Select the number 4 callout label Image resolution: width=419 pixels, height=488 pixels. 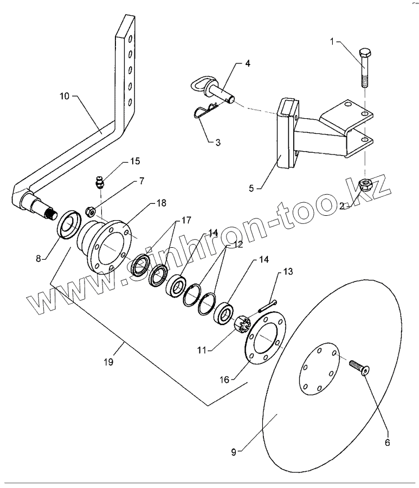click(248, 63)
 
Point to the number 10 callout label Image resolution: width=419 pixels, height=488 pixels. click(65, 96)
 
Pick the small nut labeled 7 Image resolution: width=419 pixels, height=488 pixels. click(90, 212)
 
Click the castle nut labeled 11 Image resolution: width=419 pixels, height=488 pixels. click(243, 325)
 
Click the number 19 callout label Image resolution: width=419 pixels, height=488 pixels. click(108, 362)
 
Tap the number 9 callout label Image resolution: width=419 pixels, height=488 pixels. click(234, 452)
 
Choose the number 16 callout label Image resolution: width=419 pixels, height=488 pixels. click(224, 380)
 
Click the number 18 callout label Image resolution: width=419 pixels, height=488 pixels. click(162, 203)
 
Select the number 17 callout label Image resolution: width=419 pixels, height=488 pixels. click(186, 220)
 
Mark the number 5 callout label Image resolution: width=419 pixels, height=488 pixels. click(252, 188)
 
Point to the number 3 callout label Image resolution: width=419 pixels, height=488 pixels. click(218, 143)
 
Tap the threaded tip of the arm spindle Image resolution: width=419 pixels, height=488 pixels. click(51, 214)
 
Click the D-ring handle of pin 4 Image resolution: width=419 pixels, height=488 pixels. click(199, 85)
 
